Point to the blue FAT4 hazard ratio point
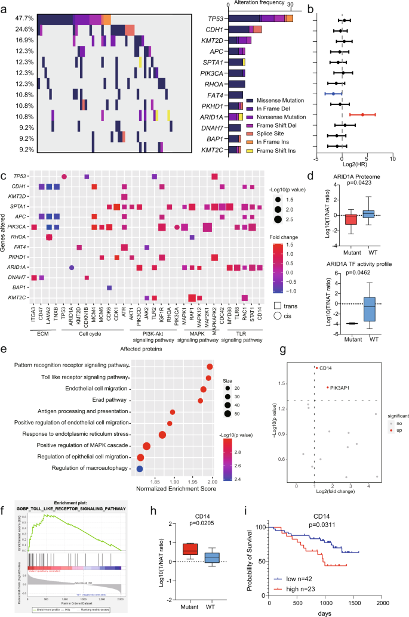click(333, 93)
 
